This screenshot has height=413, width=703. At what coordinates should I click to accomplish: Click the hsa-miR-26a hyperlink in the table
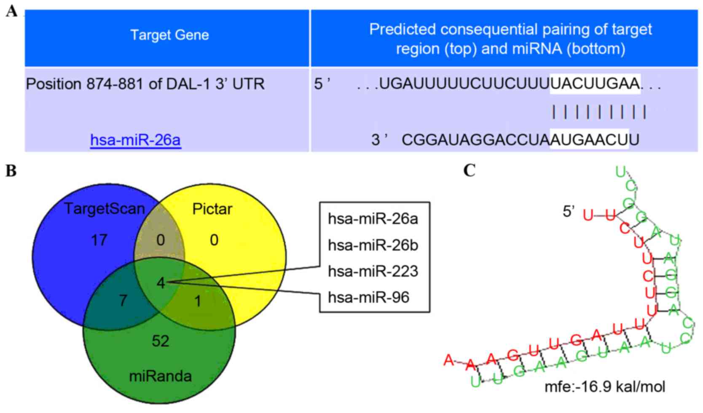pos(136,140)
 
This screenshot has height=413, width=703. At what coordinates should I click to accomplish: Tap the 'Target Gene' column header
pos(169,35)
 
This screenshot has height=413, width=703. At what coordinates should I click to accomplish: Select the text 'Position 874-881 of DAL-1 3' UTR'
pos(145,84)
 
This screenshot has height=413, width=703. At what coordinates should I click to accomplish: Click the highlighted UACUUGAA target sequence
pos(595,84)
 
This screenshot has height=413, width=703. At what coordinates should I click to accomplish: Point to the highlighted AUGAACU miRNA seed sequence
pos(589,139)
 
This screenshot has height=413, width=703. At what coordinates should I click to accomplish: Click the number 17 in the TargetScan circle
pos(99,240)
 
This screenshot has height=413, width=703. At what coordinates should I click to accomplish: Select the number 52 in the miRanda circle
pos(161,341)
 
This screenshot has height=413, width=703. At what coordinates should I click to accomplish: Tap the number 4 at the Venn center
pos(161,283)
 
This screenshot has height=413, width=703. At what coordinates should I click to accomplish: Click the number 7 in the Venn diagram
pos(123,301)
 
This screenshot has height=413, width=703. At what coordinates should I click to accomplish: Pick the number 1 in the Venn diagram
pos(198,301)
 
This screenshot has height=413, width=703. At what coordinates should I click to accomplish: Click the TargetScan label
pos(104,209)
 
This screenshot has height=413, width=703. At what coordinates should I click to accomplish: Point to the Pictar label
pos(212,209)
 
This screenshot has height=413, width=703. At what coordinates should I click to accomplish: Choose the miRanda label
pos(161,376)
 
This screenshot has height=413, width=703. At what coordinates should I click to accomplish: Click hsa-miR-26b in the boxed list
pos(373,245)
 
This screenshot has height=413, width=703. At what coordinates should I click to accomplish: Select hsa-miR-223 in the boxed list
pos(373,271)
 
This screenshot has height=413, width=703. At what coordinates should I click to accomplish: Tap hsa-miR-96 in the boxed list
pos(369,297)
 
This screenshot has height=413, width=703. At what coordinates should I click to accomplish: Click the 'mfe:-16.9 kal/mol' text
pos(605,386)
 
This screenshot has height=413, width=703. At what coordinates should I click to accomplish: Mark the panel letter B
pos(11,171)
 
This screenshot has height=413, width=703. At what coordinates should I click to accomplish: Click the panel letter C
pos(470,171)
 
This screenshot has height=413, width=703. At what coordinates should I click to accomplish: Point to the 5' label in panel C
pos(569,212)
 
